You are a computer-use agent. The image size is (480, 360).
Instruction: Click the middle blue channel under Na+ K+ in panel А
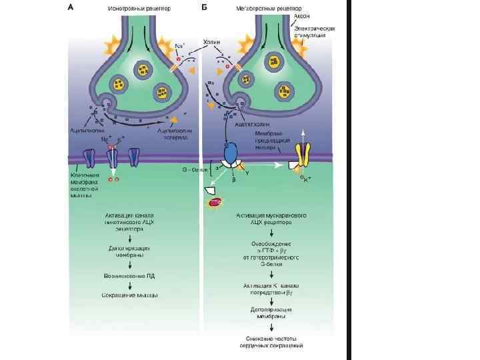coord(112,158)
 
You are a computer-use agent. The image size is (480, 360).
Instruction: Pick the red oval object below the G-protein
coord(216,205)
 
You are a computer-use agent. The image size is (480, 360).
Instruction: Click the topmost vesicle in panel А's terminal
coord(141,69)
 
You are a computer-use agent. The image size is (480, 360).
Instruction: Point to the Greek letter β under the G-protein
coord(233,179)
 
